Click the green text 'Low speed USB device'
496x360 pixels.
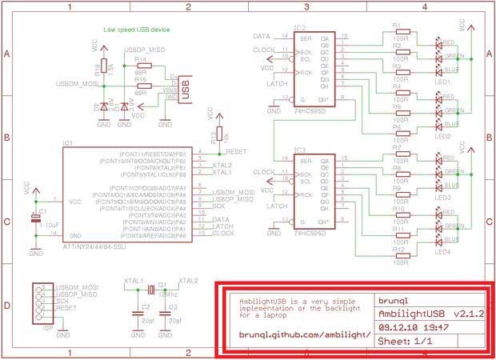click(137, 30)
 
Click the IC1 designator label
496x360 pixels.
click(67, 144)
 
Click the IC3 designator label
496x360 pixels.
click(299, 150)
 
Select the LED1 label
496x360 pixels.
click(442, 82)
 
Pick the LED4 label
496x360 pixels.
click(442, 253)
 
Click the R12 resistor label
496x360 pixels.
click(397, 248)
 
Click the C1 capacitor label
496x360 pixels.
click(42, 212)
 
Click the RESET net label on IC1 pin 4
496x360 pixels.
click(236, 151)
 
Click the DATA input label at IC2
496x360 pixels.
click(261, 37)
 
